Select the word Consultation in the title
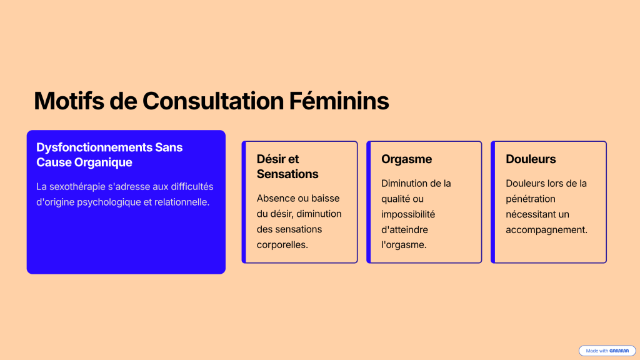pos(214,101)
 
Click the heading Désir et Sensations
pos(287,166)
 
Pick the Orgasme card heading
pos(406,159)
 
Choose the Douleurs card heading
pos(531,159)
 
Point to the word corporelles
pos(282,245)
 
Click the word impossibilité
pos(408,214)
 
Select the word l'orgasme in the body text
pos(404,245)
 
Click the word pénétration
pos(531,199)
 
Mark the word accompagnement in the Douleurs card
pos(546,230)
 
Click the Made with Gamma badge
pos(607,351)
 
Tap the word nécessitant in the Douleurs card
pos(531,214)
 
